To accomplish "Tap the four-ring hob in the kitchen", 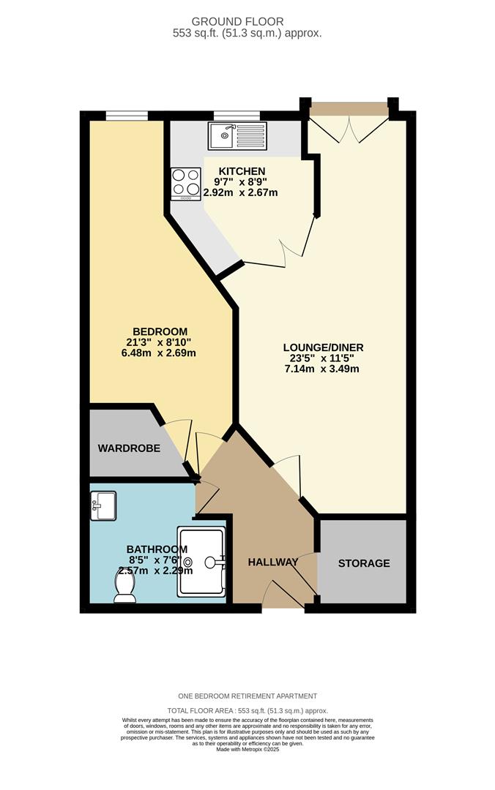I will tap(185, 184).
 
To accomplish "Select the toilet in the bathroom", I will tap(125, 587).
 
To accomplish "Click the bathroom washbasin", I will tap(103, 505).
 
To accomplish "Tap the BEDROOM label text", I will tap(160, 331).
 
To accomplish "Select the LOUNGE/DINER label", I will tap(323, 347).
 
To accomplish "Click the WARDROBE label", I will tap(129, 448).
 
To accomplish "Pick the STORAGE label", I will tap(363, 563).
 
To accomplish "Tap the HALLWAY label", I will tap(272, 562).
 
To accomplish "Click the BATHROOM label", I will tap(157, 549).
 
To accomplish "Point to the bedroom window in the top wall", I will tap(127, 115).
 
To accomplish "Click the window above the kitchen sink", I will tap(236, 115).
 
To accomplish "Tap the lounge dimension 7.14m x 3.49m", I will tap(323, 369).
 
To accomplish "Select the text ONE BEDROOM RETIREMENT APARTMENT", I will tap(247, 696).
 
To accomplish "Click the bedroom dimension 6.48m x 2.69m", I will tap(160, 353).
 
